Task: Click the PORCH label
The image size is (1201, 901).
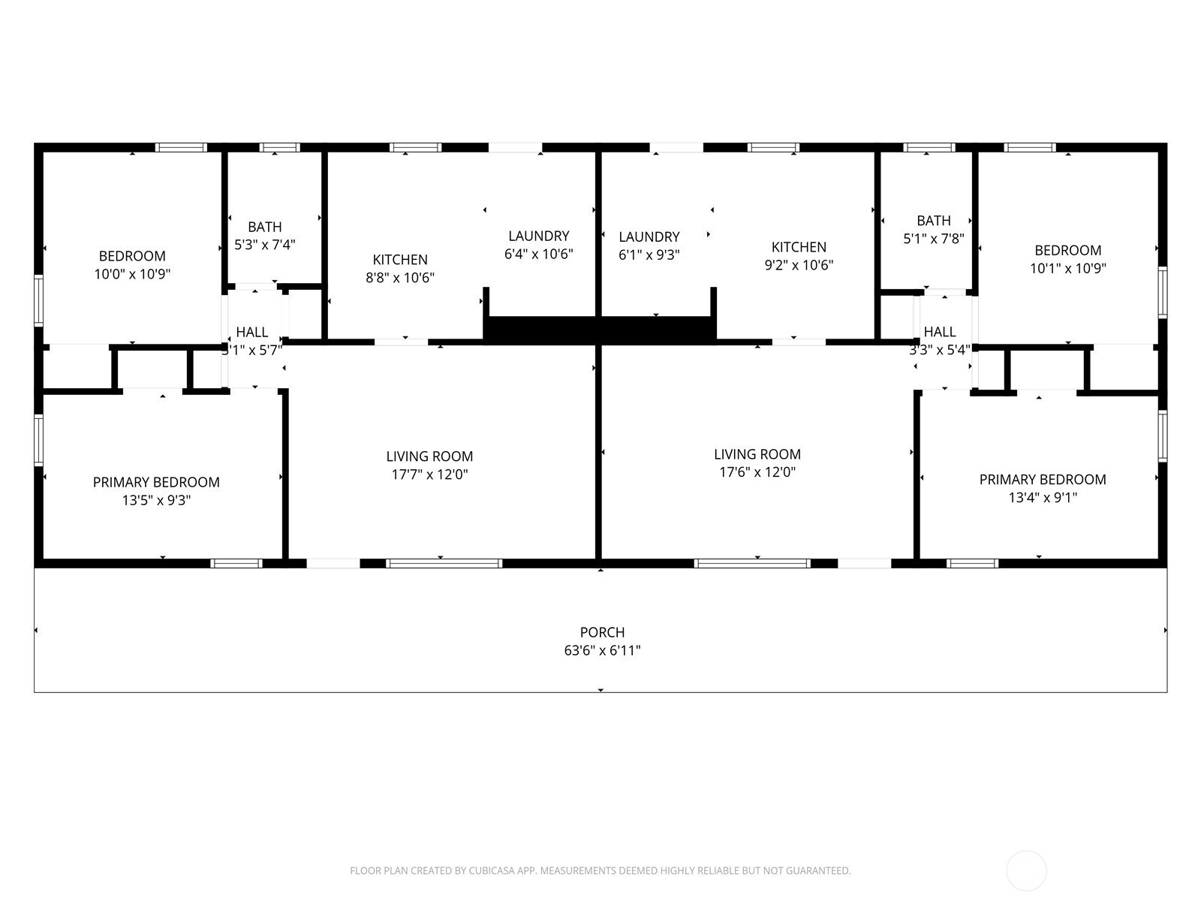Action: click(x=602, y=632)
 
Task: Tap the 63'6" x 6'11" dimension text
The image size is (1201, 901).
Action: click(x=602, y=650)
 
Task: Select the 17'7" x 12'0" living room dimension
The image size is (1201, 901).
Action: click(x=429, y=474)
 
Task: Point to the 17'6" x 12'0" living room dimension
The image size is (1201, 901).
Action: click(x=757, y=472)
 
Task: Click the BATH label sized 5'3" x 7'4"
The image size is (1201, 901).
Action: click(x=265, y=227)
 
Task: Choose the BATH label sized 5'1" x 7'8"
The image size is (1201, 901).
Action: click(x=934, y=221)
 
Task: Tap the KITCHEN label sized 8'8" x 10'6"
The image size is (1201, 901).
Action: click(x=400, y=259)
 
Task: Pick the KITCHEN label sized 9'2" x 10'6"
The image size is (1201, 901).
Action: click(x=799, y=247)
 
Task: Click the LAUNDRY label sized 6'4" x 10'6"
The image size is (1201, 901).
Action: click(x=538, y=236)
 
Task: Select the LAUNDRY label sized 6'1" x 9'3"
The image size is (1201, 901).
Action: click(x=649, y=237)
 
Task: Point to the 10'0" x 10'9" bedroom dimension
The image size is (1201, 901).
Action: click(x=132, y=273)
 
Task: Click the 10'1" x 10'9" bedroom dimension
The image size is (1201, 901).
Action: click(x=1068, y=268)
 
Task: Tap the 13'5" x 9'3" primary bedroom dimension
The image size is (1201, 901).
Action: click(x=156, y=500)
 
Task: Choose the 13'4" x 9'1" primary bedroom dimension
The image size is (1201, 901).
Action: click(x=1043, y=497)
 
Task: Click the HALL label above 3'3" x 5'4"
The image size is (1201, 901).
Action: click(x=940, y=332)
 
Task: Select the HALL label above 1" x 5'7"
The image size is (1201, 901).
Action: click(x=251, y=332)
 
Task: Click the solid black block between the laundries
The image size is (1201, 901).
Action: click(x=600, y=330)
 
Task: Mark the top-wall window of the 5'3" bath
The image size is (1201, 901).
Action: click(x=279, y=147)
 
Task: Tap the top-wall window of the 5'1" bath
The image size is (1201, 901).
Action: click(x=929, y=147)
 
